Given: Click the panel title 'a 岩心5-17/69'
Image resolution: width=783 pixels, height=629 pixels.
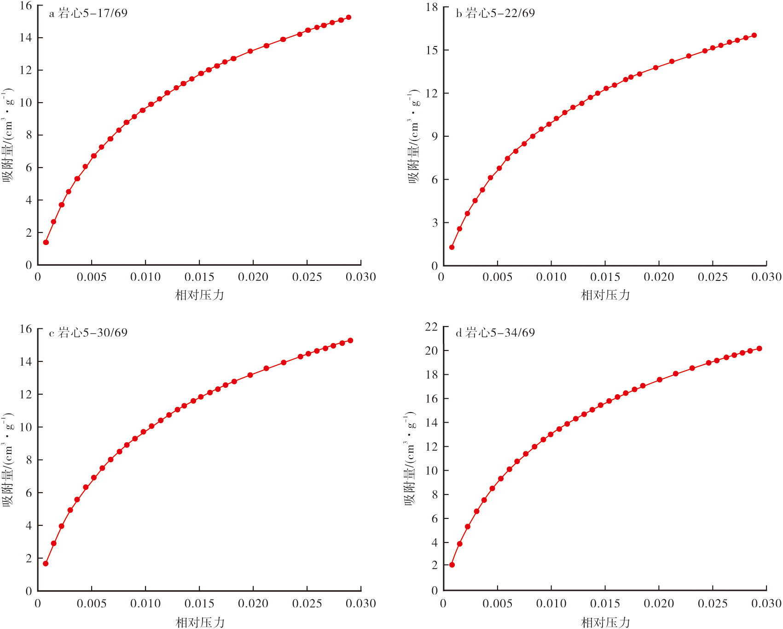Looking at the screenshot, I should (88, 13).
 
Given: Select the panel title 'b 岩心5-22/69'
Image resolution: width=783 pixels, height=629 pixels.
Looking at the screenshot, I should (495, 13).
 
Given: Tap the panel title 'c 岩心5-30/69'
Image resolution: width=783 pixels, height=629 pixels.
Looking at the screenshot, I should (88, 332).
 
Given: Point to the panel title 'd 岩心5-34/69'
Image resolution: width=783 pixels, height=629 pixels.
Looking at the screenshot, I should (495, 332).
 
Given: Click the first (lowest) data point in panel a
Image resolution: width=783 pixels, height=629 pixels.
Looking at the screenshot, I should (46, 242).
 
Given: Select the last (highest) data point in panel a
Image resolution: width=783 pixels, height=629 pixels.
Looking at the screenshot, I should (348, 17).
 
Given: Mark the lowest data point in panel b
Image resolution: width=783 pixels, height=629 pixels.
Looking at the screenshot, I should (452, 247).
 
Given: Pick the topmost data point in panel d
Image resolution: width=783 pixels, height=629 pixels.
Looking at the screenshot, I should (759, 349).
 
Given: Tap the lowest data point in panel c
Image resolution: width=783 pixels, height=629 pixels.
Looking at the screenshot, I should (46, 564).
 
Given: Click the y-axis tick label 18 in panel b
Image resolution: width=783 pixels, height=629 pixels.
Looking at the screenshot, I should (432, 7).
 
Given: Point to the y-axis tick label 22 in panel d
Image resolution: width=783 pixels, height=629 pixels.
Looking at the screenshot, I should (431, 326).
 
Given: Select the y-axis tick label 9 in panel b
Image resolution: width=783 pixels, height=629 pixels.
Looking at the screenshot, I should (435, 136).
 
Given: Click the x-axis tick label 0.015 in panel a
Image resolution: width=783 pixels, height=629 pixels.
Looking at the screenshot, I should (199, 277).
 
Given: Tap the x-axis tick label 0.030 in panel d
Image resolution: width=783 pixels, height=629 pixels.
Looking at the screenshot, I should (766, 603).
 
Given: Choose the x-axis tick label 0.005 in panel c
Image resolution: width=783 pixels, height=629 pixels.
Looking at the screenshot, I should (92, 603).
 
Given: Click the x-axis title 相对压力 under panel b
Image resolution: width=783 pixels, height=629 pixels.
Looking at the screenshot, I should (605, 295).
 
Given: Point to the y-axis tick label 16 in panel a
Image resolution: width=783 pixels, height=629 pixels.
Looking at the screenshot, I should (26, 6).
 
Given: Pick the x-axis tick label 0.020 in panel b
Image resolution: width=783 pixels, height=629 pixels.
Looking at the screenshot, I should (659, 277).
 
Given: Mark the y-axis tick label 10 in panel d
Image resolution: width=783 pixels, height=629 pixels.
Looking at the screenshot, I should (431, 471).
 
